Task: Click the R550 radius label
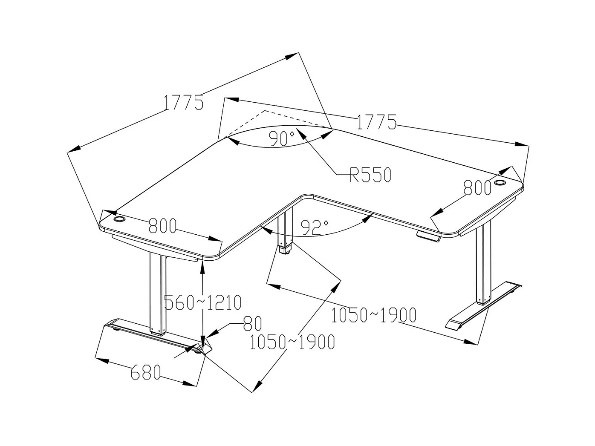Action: (x=370, y=174)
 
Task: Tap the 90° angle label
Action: (x=282, y=138)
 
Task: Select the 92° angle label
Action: (x=314, y=227)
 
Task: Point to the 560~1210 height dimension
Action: (x=203, y=302)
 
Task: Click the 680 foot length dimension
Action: (x=145, y=372)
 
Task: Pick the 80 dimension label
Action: (x=252, y=324)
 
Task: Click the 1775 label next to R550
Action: (x=376, y=122)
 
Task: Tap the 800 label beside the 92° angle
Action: (x=162, y=226)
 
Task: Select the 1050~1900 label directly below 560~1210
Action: (x=292, y=342)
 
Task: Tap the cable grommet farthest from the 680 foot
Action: (x=500, y=184)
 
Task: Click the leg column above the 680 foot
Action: (x=157, y=294)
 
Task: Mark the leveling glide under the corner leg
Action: (x=284, y=251)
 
